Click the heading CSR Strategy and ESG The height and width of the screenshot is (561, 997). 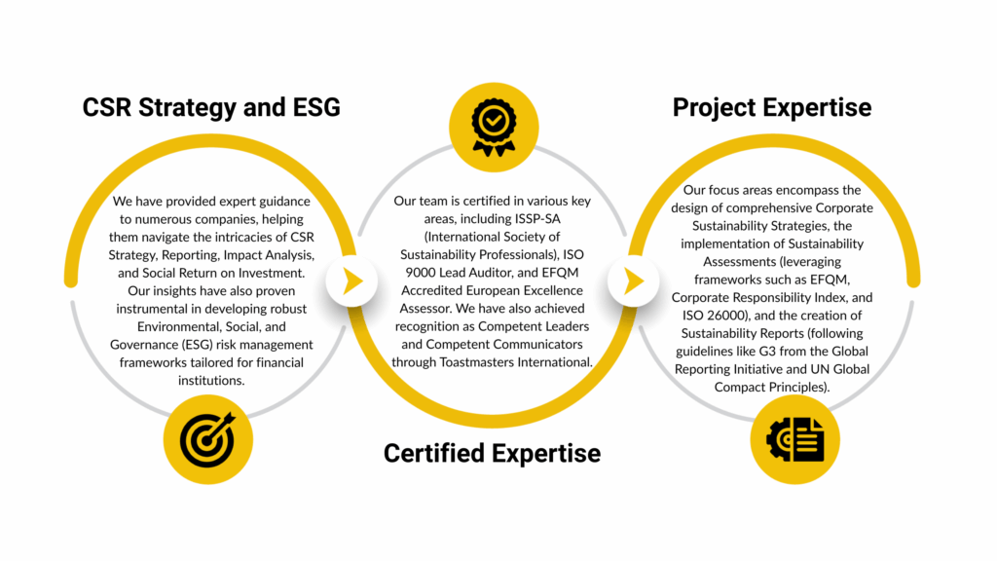click(211, 107)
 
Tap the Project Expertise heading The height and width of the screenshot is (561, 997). click(772, 107)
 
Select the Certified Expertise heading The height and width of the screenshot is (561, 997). click(492, 454)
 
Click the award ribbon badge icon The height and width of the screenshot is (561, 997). click(494, 128)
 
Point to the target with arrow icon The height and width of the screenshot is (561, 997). click(207, 439)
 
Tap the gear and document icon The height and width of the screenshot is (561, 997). click(794, 439)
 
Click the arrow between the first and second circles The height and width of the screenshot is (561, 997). click(352, 281)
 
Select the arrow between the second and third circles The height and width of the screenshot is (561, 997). click(634, 281)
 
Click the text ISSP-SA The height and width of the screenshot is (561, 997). click(537, 219)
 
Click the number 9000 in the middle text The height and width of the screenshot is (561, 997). click(422, 273)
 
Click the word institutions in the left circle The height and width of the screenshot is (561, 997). click(210, 381)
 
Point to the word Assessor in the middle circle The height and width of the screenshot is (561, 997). click(425, 309)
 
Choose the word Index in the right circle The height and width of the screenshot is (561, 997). click(832, 298)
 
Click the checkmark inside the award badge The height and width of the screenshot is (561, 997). click(494, 120)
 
